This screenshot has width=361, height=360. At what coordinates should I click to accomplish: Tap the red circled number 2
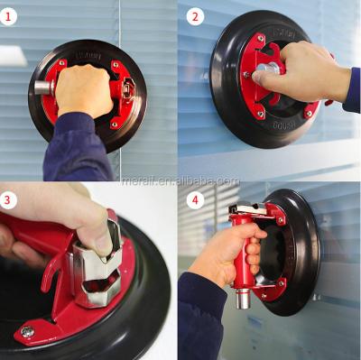pyautogui.click(x=196, y=15)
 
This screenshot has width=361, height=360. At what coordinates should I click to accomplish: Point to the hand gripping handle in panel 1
pyautogui.click(x=84, y=90)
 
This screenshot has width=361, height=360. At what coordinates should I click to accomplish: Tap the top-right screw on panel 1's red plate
pyautogui.click(x=115, y=65)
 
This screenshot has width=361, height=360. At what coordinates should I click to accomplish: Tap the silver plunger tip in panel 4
pyautogui.click(x=242, y=297)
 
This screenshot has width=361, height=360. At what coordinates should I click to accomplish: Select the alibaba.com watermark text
pyautogui.click(x=180, y=180)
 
